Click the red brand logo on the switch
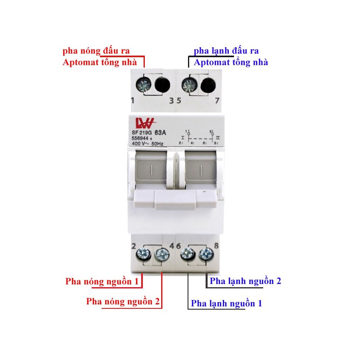coord(146,123)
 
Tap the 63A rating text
coord(160,133)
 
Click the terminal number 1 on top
coord(132,100)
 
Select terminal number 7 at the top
coord(217,100)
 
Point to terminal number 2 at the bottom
coord(134,246)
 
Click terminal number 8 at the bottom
coord(216,246)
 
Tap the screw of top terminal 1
coord(144,85)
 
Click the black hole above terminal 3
coord(162,85)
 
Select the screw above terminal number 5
coord(189,85)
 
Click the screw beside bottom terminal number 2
coord(143,254)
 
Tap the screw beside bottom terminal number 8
coord(206,254)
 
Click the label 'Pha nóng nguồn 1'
coord(102,282)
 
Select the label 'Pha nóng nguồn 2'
coord(123,302)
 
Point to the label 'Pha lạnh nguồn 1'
coord(226,304)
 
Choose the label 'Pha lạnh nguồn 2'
coord(246,281)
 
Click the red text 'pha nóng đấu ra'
coord(96,51)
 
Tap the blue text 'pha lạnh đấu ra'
coord(226,51)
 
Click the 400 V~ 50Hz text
coord(148,144)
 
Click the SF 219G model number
coord(142,133)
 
